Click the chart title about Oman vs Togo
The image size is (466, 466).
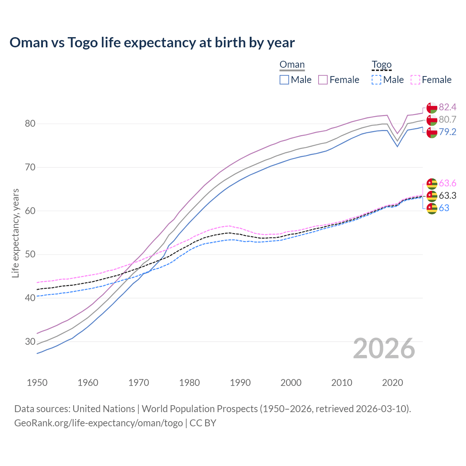coord(152,43)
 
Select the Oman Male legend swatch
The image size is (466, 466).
coord(284,80)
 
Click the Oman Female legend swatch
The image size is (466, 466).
coord(323,80)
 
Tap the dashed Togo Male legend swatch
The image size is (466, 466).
coord(376,80)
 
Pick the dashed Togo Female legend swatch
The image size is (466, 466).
coord(415,80)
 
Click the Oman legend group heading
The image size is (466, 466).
coord(292,65)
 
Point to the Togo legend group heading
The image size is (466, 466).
coord(382,65)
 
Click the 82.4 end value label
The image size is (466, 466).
coord(447,107)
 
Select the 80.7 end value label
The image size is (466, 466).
coord(447,119)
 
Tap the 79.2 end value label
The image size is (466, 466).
coord(447,132)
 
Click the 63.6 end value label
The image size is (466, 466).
coord(447,183)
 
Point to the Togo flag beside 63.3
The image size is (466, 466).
coord(432,196)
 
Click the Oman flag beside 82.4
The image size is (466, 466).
coord(432,108)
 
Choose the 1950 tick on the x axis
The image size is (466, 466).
coord(37,383)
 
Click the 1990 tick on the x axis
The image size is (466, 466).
coord(240,383)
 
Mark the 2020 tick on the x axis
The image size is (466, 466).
coord(392,383)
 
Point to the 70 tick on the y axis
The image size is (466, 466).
coord(30,167)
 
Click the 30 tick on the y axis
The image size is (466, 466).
coord(30,341)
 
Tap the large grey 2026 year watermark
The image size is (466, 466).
coord(384,348)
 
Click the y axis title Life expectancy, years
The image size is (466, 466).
coord(16,233)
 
